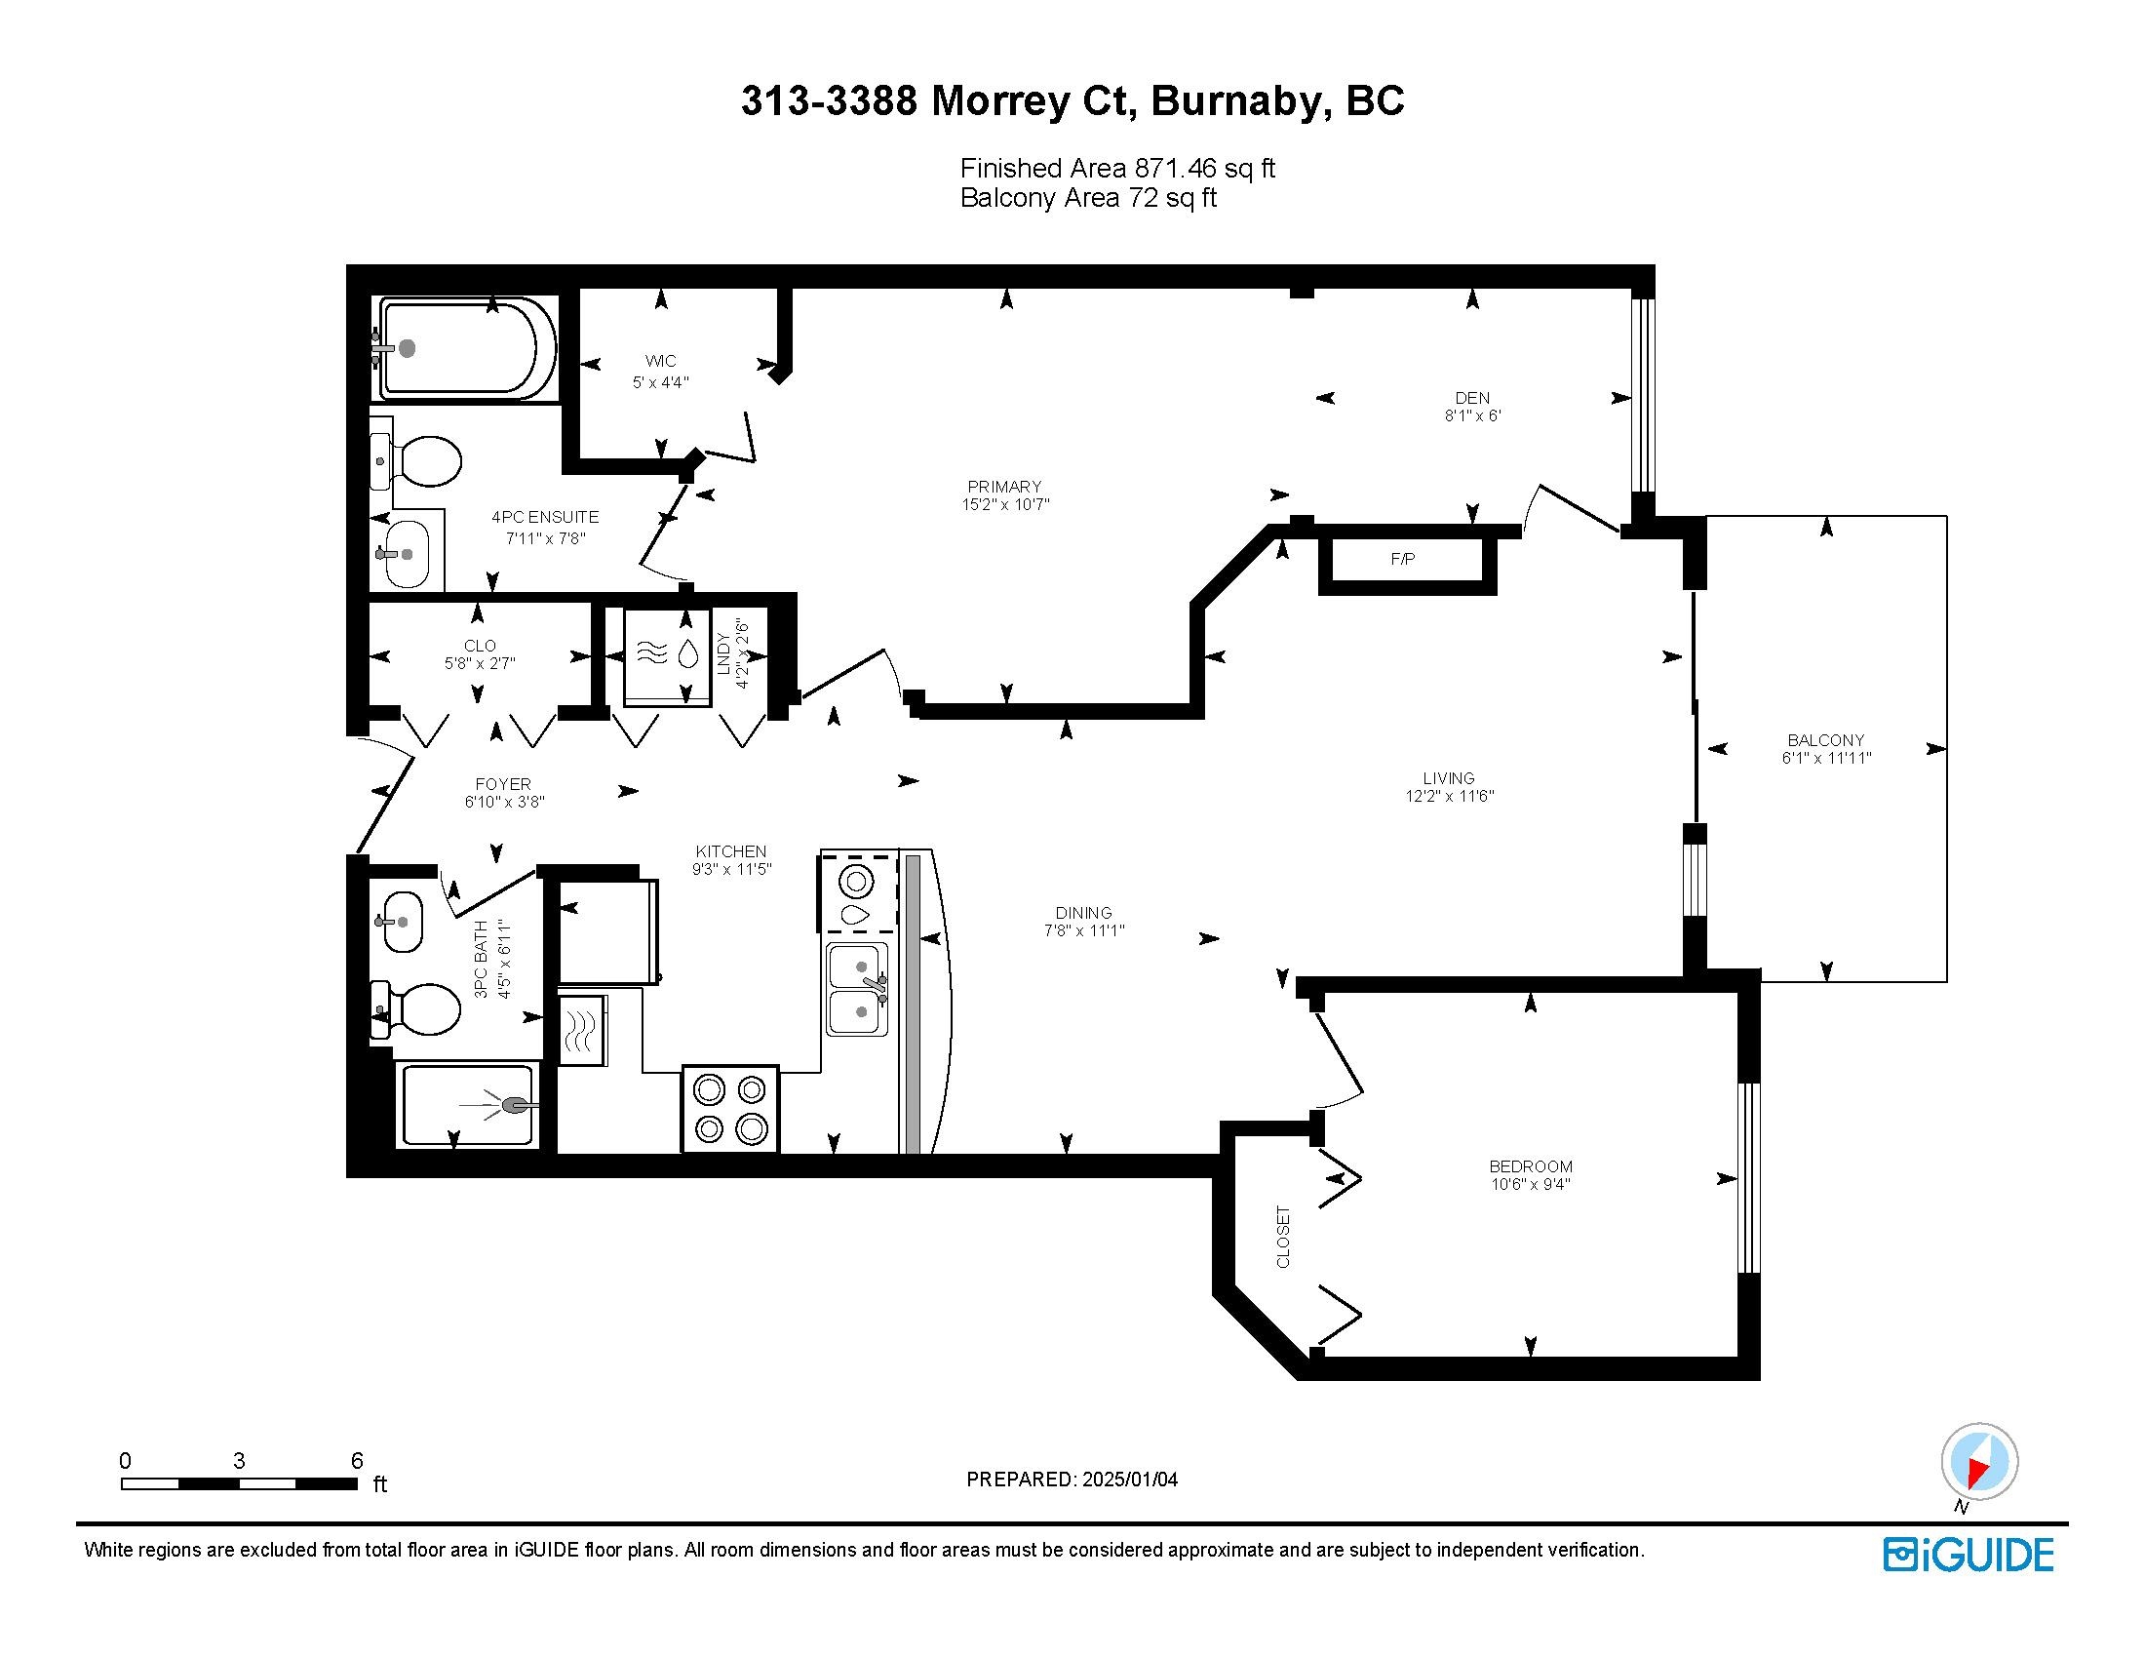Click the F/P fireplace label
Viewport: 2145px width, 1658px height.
[x=1402, y=559]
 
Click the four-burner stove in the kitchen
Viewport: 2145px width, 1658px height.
[x=729, y=1108]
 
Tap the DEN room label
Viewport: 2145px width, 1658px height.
[x=1472, y=398]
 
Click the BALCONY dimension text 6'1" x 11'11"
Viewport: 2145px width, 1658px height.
[x=1826, y=758]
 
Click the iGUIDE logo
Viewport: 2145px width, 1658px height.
[x=1969, y=1554]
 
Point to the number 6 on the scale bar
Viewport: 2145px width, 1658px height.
[x=358, y=1460]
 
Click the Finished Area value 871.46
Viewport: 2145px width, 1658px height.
[x=1176, y=168]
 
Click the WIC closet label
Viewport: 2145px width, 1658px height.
[x=660, y=361]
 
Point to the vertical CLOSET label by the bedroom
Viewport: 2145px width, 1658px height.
[x=1283, y=1237]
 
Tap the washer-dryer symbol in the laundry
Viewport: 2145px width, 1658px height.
[x=668, y=656]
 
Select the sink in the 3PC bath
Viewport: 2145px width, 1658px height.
[x=402, y=922]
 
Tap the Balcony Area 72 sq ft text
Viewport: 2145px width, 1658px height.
[x=1088, y=197]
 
